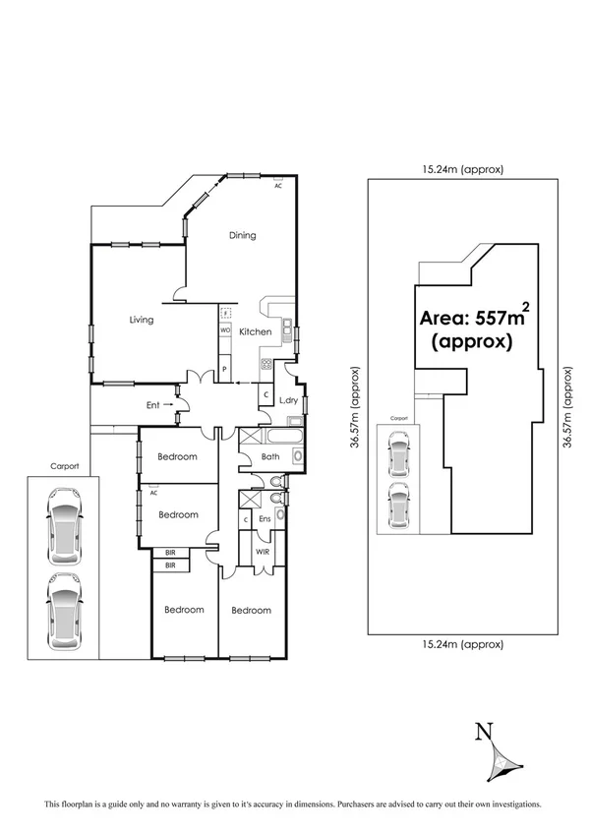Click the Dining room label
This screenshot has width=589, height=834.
(242, 235)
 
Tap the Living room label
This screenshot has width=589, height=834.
(143, 320)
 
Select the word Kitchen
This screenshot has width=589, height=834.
(256, 332)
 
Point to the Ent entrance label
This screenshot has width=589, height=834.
(152, 403)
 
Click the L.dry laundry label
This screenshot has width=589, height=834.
(289, 400)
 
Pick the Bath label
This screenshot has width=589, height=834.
(271, 457)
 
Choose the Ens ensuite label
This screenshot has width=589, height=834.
(265, 519)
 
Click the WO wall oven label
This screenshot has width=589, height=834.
(225, 330)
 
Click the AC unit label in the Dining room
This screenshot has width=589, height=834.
(278, 185)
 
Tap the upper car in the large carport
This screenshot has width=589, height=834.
(63, 528)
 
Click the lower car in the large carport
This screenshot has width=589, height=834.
(63, 603)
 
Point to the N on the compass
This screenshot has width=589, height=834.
(482, 731)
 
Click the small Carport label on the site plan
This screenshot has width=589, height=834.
(397, 417)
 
